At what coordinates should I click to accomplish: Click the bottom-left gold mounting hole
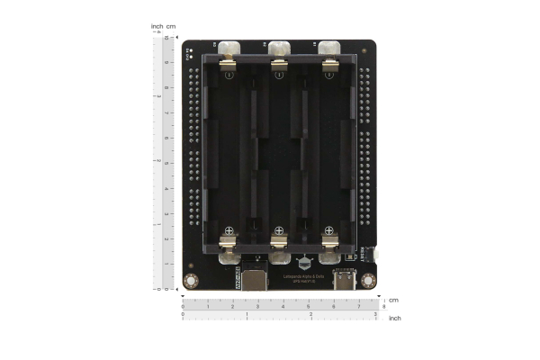click(191, 282)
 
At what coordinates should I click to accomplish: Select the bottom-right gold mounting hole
click(368, 281)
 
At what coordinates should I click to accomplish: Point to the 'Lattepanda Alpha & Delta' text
click(304, 277)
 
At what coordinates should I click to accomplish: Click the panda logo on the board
click(304, 264)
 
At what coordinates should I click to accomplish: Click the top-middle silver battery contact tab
click(279, 49)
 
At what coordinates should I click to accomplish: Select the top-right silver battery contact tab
click(329, 49)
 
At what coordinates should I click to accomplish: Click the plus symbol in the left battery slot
click(229, 230)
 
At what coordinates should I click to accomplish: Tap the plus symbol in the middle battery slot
click(280, 230)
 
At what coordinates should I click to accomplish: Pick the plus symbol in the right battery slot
click(330, 230)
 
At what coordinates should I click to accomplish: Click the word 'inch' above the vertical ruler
click(157, 26)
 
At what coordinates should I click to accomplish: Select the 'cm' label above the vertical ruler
click(171, 26)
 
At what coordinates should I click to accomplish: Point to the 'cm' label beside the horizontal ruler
click(393, 301)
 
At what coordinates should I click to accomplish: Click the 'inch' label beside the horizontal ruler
click(395, 318)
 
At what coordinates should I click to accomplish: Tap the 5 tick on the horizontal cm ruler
click(309, 307)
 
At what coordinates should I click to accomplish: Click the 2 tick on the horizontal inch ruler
click(311, 314)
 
